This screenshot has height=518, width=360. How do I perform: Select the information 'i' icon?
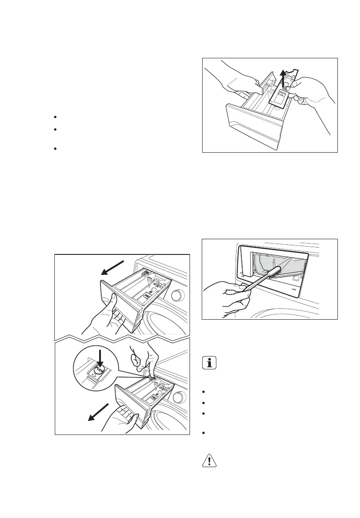pyautogui.click(x=210, y=363)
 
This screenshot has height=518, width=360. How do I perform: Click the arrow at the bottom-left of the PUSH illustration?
pyautogui.click(x=97, y=412)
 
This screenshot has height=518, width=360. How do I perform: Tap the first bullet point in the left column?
pyautogui.click(x=56, y=117)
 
